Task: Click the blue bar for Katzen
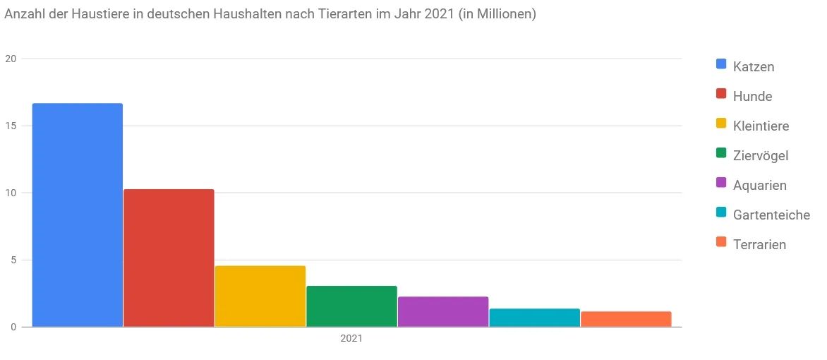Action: coord(78,215)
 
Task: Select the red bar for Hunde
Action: coord(169,258)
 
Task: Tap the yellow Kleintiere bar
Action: coord(260,296)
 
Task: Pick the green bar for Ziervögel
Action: coord(351,306)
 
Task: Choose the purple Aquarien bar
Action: coord(443,312)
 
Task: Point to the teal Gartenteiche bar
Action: coord(534,318)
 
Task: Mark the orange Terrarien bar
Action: coord(626,319)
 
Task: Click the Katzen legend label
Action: coord(753,67)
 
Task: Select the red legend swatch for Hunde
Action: coord(721,94)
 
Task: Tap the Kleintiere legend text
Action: coord(761,126)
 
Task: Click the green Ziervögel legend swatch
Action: coord(721,153)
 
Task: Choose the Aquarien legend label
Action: coord(759,186)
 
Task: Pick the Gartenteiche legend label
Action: coord(771,215)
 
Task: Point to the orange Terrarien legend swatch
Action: coord(721,242)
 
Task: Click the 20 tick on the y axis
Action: coord(11,59)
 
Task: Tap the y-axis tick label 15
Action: coord(11,126)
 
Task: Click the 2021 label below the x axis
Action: coord(351,339)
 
